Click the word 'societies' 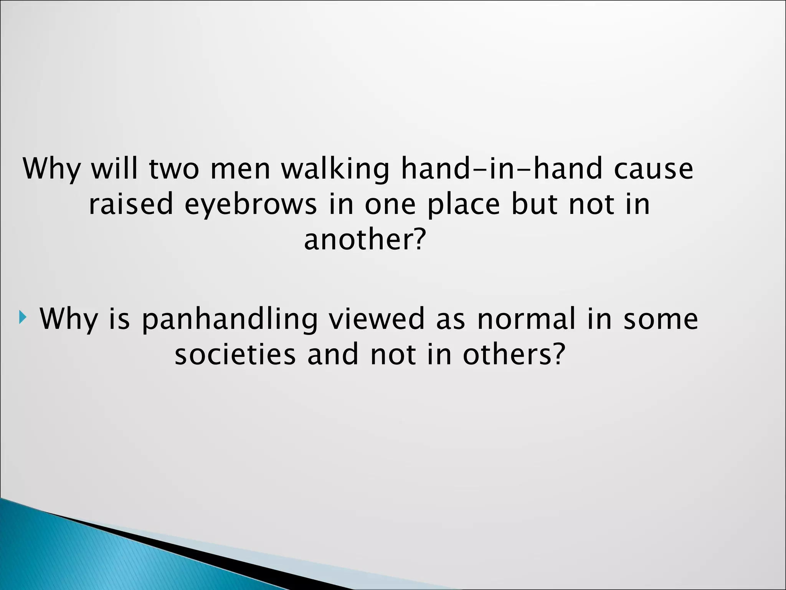click(235, 354)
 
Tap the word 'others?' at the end click(514, 354)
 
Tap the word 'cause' click(653, 169)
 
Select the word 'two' click(174, 169)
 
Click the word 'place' click(464, 205)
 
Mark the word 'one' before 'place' click(390, 205)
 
